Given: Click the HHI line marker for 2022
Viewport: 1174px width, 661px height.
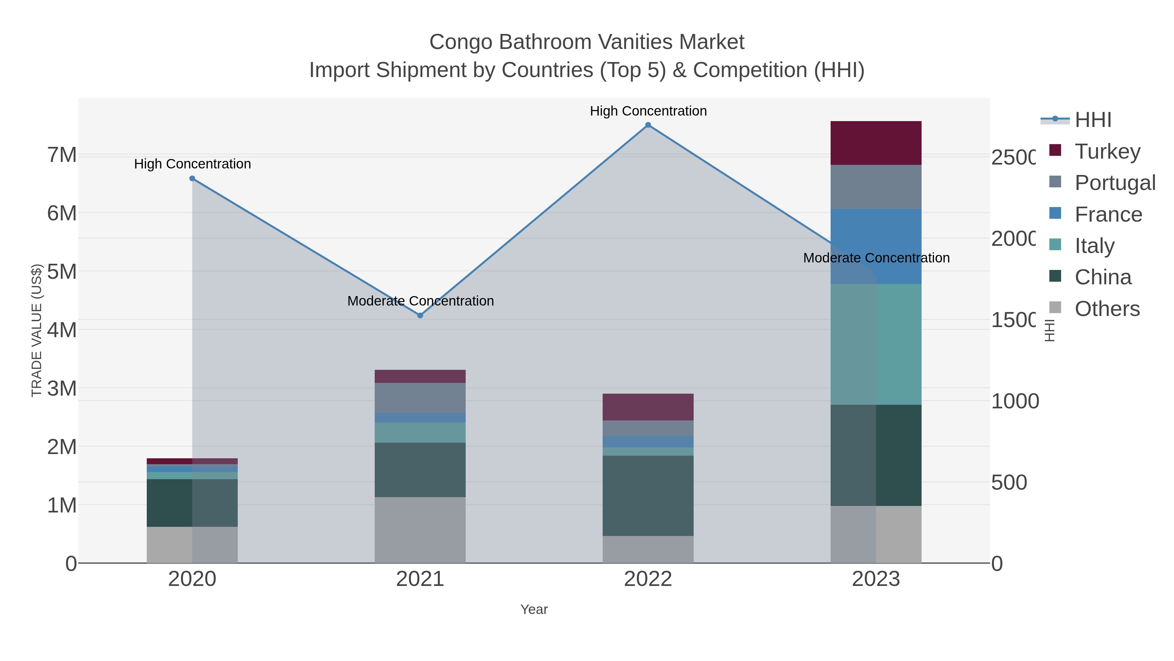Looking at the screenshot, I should (648, 125).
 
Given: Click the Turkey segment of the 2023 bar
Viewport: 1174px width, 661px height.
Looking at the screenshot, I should (876, 143).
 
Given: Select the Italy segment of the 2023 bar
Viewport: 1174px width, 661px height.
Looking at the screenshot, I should (876, 344).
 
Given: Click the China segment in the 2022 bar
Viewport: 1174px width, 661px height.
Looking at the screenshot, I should (648, 496).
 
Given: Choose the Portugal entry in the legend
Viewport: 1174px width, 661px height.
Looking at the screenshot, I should (1114, 183).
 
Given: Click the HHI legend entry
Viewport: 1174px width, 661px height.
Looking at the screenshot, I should (1092, 120).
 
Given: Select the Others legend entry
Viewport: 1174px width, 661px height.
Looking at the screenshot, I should (1106, 309).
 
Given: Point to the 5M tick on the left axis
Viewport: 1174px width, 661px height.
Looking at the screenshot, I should (62, 272).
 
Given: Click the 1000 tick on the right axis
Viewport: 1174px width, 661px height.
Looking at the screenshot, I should (1015, 401).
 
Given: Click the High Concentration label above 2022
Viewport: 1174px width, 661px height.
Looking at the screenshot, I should (648, 111).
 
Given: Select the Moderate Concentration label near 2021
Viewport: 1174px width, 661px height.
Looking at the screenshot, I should (420, 301).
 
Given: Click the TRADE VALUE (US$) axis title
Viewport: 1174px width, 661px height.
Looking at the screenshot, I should (37, 330).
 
